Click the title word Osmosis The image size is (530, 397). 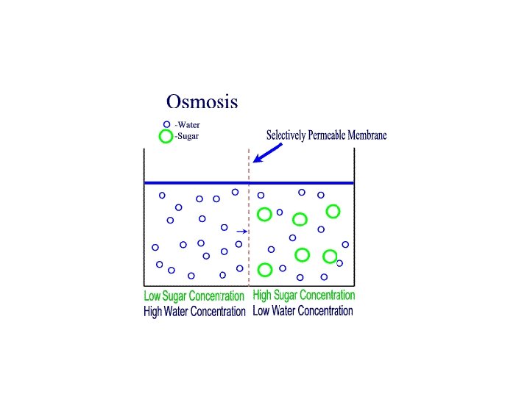click(x=202, y=101)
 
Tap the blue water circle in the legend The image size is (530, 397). click(x=166, y=124)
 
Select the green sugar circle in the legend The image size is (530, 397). click(x=166, y=136)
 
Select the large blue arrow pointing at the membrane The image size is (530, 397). click(x=266, y=152)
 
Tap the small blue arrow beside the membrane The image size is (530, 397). click(x=241, y=232)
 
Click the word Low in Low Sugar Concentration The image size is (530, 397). click(x=152, y=296)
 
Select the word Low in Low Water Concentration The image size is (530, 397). click(x=260, y=311)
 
